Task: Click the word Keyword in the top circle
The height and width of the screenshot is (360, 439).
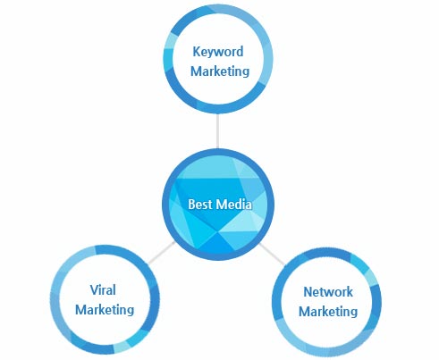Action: coord(218,53)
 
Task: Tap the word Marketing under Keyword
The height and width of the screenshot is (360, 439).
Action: coord(220,71)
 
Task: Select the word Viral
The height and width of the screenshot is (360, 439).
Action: coord(103,289)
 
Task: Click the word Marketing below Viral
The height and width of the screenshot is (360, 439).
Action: coord(105,310)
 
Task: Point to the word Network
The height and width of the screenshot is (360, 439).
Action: coord(328,292)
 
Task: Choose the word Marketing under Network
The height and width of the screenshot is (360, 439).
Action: coord(328,312)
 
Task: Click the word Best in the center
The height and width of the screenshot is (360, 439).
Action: coord(200,205)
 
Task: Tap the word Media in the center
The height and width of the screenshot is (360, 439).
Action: coord(234,205)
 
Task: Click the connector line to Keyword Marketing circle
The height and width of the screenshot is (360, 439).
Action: coord(218,131)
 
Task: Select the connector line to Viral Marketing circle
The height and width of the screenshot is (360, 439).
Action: coord(161,253)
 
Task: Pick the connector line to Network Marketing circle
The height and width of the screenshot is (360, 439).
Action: coord(272,254)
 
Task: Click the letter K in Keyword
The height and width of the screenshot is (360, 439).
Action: coord(197,51)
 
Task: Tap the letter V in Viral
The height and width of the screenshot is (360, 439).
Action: coord(95,289)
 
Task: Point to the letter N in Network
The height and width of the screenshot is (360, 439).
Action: coord(308,292)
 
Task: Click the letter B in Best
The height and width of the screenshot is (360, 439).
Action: coord(191,205)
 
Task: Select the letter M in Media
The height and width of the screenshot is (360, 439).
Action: coord(221,205)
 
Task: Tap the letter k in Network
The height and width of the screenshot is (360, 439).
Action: coord(350,292)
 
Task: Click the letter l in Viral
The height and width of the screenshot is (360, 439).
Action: coord(114,289)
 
